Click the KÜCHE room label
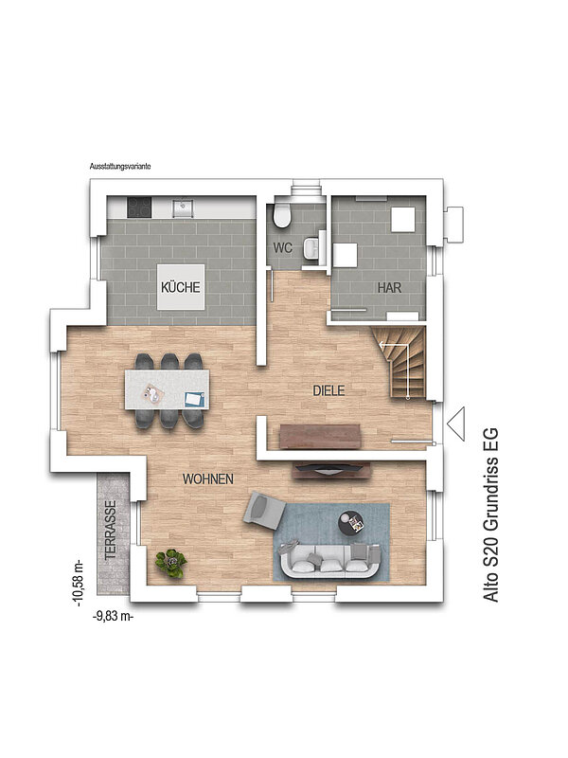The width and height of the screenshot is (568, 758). pos(181,287)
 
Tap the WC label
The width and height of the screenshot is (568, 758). pos(282,248)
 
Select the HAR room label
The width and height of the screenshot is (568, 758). pos(389,288)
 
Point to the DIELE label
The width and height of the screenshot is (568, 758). pos(328,390)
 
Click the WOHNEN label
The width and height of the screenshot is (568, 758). pos(208,479)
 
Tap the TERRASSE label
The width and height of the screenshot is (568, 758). pos(111,530)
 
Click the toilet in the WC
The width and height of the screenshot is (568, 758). pos(281,215)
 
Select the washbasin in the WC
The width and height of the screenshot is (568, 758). pos(311,248)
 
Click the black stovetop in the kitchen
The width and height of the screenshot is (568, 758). pos(139,207)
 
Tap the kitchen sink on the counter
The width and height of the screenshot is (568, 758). pos(183,207)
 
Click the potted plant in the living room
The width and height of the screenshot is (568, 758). pos(170,563)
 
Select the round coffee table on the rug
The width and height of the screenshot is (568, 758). pos(351,523)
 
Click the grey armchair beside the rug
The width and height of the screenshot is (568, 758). pos(264,510)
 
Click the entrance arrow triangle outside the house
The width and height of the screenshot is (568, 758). pos(455,424)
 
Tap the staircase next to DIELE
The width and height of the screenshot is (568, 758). pos(400,363)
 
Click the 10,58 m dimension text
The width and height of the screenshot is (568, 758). pos(79,584)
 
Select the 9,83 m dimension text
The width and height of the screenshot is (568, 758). pos(113,617)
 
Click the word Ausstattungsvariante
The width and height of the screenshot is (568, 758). pos(120,167)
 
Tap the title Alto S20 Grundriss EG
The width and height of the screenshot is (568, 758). pos(490,514)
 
